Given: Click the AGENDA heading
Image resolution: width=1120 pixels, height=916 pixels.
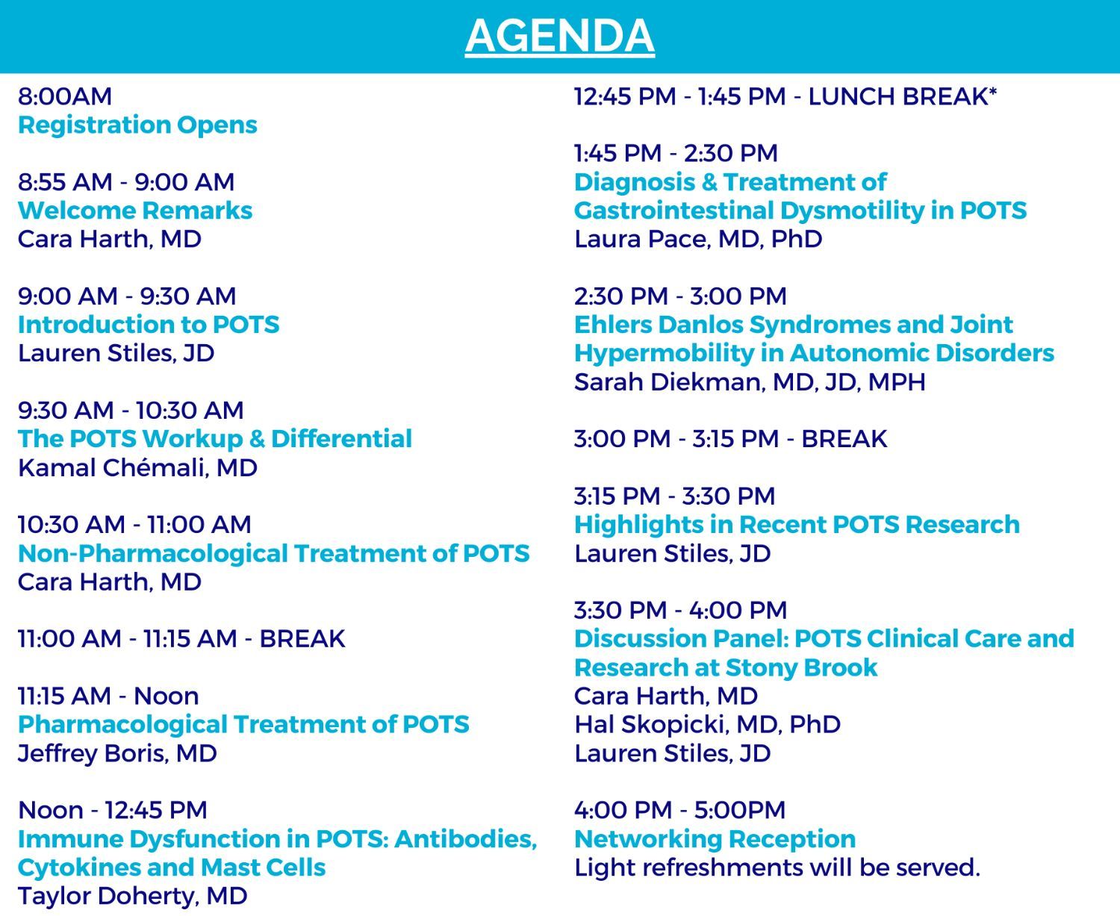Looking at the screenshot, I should tap(559, 35).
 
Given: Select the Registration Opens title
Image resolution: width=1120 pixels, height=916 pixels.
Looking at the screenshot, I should tap(137, 125).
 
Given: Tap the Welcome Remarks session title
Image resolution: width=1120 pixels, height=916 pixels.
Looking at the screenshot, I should tap(134, 211).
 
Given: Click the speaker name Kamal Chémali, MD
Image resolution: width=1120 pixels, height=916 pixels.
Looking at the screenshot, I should tap(137, 468).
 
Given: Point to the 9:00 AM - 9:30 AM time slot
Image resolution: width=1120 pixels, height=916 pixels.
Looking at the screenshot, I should tap(127, 296).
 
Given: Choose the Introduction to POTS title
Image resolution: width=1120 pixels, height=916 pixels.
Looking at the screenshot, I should tap(149, 325).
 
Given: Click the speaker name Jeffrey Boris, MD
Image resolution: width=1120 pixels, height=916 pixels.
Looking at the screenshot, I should tap(117, 753).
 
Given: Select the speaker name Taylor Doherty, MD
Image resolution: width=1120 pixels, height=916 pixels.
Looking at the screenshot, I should tap(132, 896).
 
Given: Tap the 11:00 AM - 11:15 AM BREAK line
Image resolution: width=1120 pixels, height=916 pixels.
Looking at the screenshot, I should tap(181, 639).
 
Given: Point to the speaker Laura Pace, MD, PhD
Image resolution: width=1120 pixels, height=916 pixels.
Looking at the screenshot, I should tap(698, 239).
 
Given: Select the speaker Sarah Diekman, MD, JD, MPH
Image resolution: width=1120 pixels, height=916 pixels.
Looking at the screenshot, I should tap(750, 382).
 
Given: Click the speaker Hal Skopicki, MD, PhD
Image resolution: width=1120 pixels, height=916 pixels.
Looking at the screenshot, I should tap(707, 724).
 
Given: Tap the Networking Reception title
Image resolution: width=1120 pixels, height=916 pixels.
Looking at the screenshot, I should tap(715, 839).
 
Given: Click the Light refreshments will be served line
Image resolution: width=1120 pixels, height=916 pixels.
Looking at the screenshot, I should tap(777, 867).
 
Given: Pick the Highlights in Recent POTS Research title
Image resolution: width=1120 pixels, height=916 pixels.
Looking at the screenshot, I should tap(797, 525).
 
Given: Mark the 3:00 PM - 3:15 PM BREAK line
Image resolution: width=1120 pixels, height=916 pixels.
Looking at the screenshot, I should tap(730, 439).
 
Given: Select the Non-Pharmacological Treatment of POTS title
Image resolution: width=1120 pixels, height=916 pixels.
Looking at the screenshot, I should tap(273, 554).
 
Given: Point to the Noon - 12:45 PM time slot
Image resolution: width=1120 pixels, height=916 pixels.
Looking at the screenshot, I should tap(112, 811).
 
